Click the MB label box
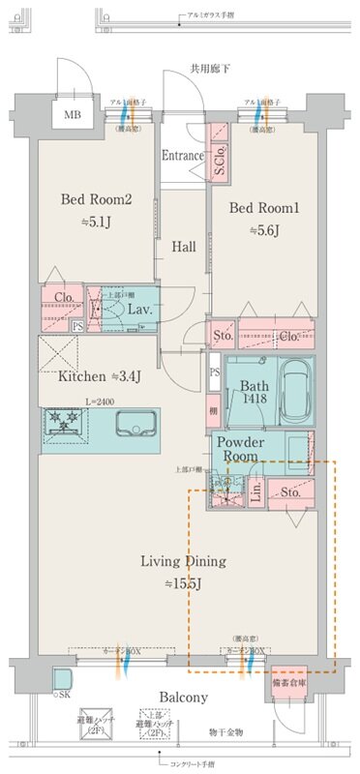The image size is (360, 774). point(73,116)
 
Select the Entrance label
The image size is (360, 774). point(182,155)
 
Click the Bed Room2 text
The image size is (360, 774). point(95,199)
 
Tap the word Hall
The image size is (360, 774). point(184,247)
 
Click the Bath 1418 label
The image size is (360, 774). point(255,391)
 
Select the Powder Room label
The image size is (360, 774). point(250,448)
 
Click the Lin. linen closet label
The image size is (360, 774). point(255,491)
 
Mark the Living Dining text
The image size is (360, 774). point(183,561)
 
